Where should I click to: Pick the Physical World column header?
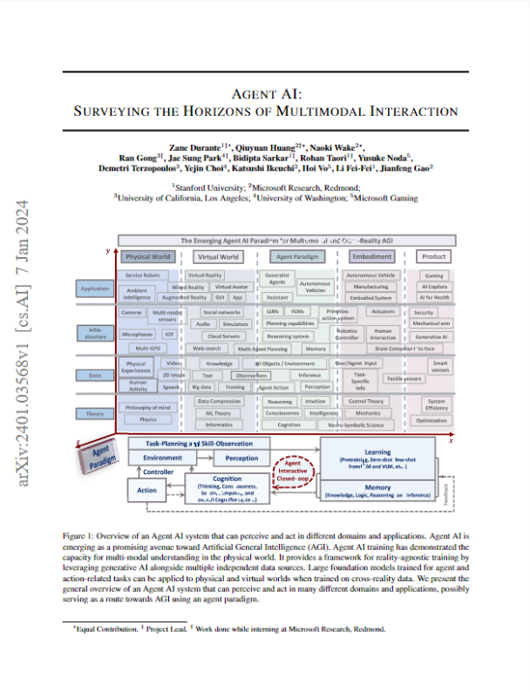coord(148,257)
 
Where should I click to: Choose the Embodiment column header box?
coord(372,257)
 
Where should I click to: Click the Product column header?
coord(433,257)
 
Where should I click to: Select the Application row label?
coord(94,288)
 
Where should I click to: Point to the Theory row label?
coord(94,413)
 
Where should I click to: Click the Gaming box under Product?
coord(433,275)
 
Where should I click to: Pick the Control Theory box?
coord(367,401)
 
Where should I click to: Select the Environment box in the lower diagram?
coord(162,458)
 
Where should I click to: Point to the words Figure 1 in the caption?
coord(79,530)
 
